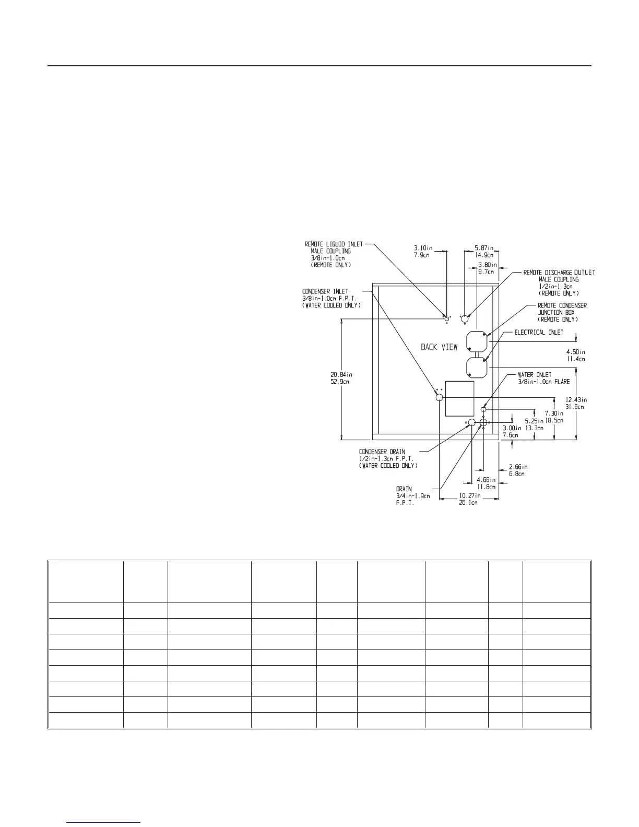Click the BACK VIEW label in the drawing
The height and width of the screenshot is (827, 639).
click(439, 347)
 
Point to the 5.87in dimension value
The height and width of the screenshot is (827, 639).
click(484, 248)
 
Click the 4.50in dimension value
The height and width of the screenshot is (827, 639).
click(576, 351)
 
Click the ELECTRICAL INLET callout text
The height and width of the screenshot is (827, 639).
click(539, 332)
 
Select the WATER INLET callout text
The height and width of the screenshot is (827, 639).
click(535, 375)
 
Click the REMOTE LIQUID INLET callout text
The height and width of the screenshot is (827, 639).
click(334, 244)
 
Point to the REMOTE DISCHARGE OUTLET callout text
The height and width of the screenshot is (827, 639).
click(559, 273)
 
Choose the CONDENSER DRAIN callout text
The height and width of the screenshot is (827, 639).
click(382, 452)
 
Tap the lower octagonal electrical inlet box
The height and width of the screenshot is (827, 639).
click(476, 367)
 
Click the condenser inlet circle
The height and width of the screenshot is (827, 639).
click(439, 397)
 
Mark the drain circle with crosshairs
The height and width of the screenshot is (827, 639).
click(483, 422)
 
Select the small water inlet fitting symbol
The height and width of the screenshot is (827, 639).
click(483, 410)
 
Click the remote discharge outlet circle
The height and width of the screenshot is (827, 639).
click(465, 318)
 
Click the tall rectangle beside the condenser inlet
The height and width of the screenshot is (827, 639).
click(459, 398)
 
